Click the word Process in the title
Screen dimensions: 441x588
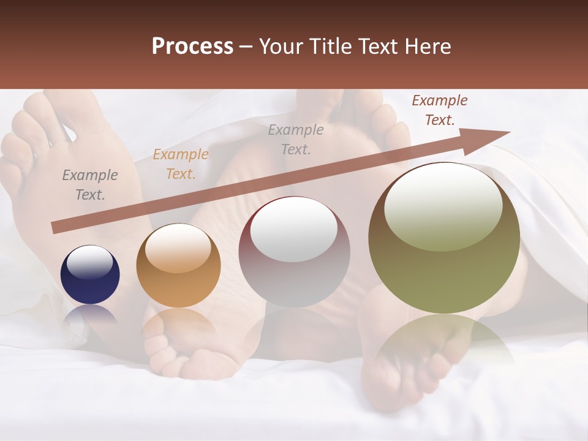pyautogui.click(x=192, y=47)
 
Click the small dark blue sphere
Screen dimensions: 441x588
pyautogui.click(x=90, y=274)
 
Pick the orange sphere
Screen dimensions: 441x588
pyautogui.click(x=178, y=265)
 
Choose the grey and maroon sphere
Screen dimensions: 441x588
pyautogui.click(x=294, y=252)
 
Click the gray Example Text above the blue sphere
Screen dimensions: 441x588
pyautogui.click(x=90, y=185)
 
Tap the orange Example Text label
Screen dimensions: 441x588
pyautogui.click(x=180, y=164)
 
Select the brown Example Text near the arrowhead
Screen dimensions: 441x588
pyautogui.click(x=439, y=110)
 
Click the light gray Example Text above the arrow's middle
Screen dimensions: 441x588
pyautogui.click(x=296, y=139)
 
